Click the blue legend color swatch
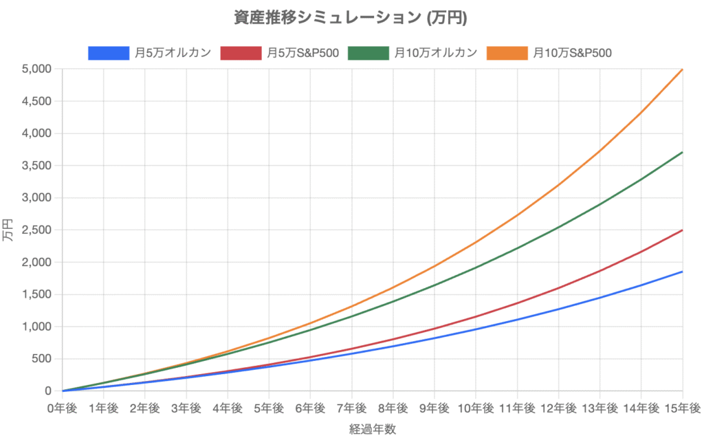tap(109, 53)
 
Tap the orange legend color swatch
tap(507, 53)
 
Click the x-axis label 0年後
tap(62, 408)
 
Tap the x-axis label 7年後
tap(351, 408)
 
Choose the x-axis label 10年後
tap(475, 408)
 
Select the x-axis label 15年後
tap(681, 408)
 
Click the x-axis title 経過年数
tap(372, 429)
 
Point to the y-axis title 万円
tap(9, 230)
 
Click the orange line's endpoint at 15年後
tap(682, 69)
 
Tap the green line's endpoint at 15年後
tap(682, 152)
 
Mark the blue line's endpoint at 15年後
tap(682, 272)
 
